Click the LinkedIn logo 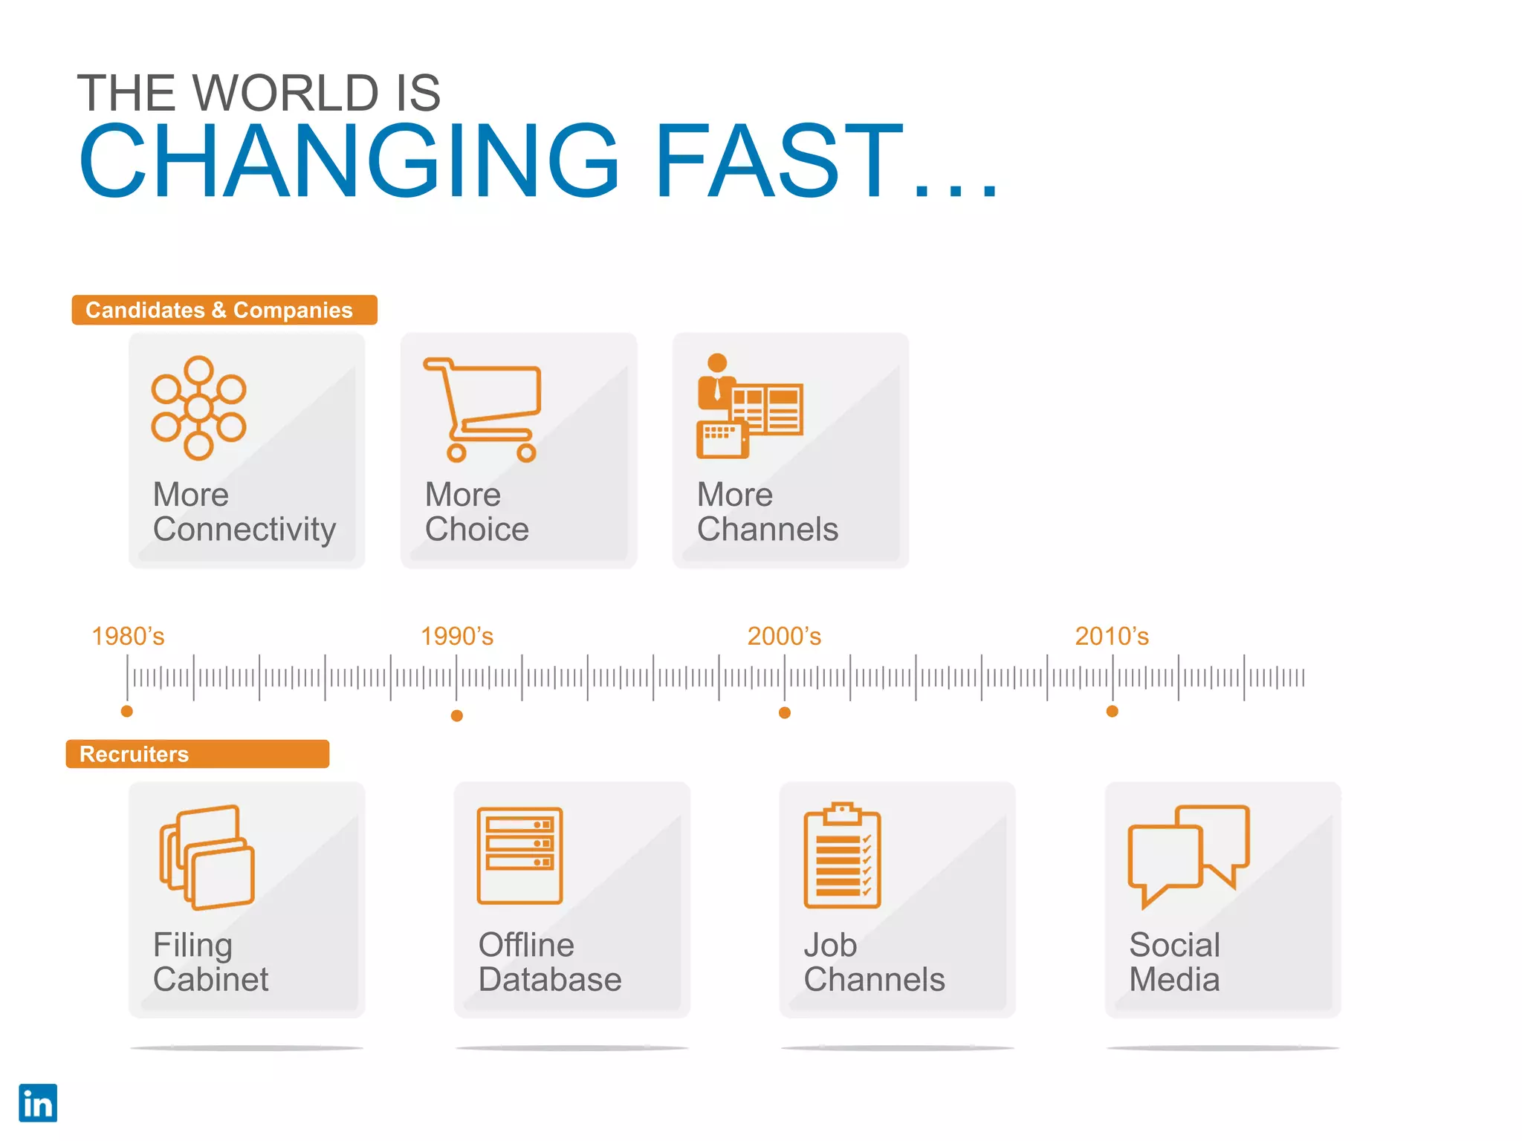[x=38, y=1103]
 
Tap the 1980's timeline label [x=128, y=637]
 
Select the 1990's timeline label [x=457, y=637]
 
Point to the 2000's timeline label [x=784, y=637]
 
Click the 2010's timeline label [x=1112, y=637]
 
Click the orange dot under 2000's [x=785, y=713]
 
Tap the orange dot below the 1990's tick [x=457, y=715]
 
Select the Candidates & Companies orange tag [x=224, y=310]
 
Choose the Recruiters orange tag [x=197, y=754]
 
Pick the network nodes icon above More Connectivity [x=198, y=408]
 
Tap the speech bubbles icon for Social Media [x=1188, y=855]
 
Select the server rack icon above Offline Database [x=519, y=856]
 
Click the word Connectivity [x=245, y=530]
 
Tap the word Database [x=550, y=980]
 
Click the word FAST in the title [x=779, y=162]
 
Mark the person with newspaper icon [x=749, y=406]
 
